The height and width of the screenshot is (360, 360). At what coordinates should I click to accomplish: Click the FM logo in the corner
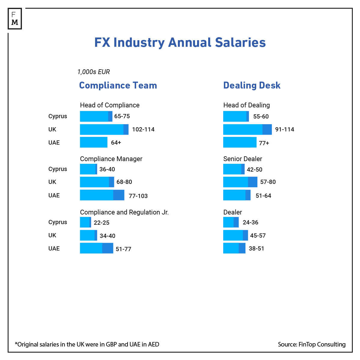(15, 19)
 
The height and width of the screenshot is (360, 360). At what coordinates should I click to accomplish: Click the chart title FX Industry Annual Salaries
(180, 42)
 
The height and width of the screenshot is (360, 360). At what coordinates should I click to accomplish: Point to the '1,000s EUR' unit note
(94, 72)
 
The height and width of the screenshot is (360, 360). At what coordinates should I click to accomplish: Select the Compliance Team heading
(118, 85)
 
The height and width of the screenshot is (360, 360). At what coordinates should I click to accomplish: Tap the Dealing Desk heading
(252, 85)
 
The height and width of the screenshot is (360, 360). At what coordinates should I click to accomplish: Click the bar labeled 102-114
(104, 130)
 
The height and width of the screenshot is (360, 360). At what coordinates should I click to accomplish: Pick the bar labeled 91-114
(247, 130)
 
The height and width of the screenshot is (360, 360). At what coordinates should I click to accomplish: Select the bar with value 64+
(94, 142)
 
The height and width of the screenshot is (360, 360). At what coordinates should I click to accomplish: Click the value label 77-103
(138, 196)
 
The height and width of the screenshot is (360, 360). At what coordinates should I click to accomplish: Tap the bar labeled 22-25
(85, 222)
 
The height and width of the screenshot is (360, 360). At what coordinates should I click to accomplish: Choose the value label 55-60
(261, 116)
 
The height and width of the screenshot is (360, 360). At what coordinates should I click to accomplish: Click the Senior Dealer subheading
(243, 159)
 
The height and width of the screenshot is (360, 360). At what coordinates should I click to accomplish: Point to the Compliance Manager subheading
(111, 159)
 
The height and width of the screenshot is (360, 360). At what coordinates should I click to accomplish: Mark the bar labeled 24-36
(231, 222)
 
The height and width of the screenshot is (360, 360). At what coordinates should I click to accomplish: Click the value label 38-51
(256, 249)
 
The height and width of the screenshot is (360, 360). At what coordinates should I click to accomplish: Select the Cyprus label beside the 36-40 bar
(58, 169)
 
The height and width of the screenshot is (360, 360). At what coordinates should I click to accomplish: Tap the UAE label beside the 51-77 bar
(54, 248)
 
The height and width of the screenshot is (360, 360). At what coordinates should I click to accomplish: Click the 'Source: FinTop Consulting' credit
(312, 344)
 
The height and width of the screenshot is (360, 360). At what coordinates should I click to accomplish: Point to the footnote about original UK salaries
(87, 344)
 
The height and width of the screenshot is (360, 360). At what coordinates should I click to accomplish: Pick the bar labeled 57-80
(240, 182)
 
